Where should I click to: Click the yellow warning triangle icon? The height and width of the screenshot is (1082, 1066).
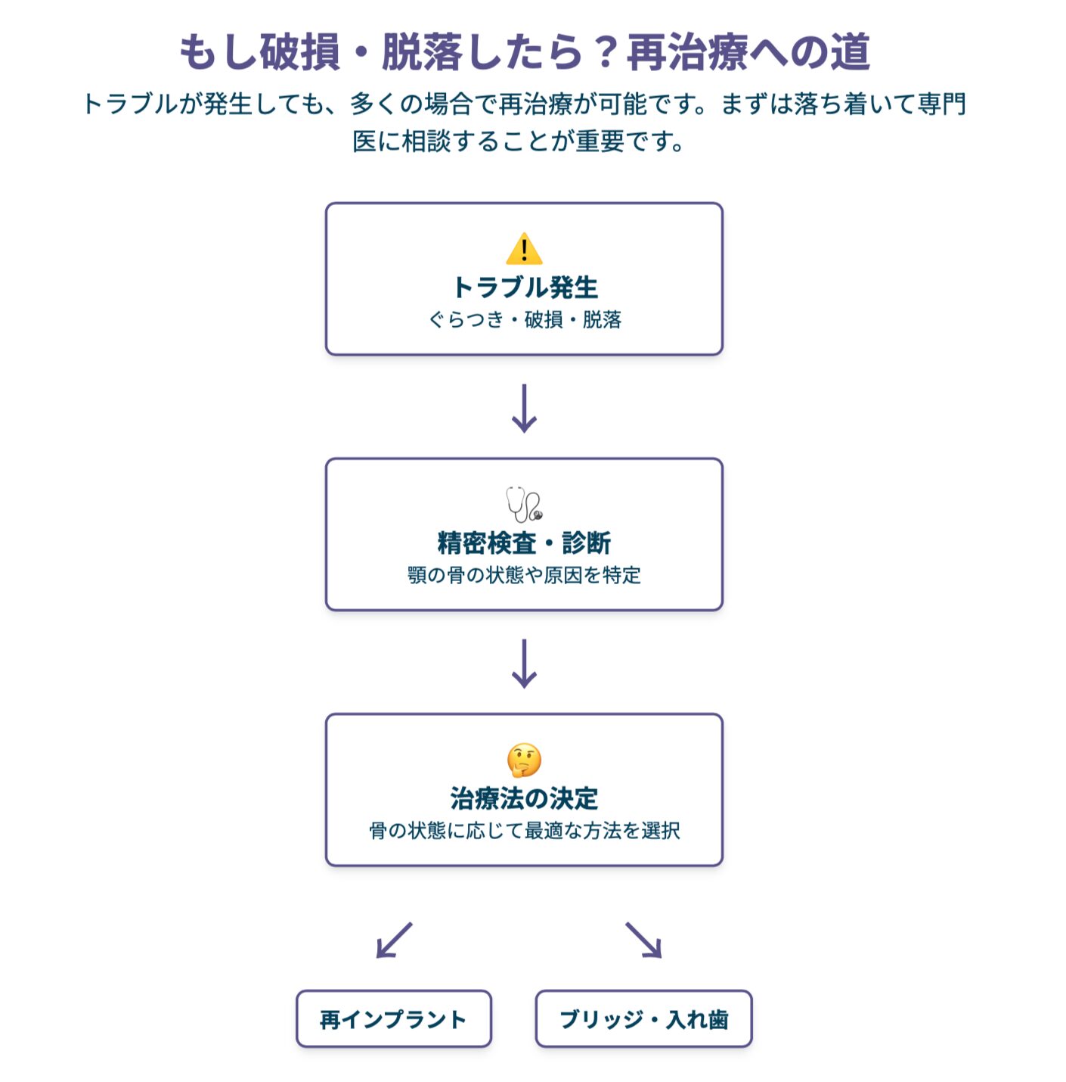[524, 249]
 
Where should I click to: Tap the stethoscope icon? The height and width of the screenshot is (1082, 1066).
[524, 504]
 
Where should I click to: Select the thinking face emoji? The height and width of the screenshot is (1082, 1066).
[524, 760]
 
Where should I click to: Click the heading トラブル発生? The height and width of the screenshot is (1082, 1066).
[525, 288]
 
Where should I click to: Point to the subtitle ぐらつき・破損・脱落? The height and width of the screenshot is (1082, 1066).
[525, 320]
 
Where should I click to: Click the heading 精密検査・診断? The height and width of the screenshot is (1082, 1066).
[524, 543]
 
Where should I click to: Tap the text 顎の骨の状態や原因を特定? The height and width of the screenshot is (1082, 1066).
[524, 576]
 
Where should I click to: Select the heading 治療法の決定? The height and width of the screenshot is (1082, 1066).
[524, 798]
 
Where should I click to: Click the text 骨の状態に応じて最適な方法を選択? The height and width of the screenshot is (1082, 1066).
[524, 831]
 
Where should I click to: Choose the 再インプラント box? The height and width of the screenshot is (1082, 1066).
[393, 1019]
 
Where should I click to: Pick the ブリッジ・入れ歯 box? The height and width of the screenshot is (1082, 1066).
[643, 1019]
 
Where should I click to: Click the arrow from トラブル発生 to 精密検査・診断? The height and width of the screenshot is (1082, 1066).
[524, 409]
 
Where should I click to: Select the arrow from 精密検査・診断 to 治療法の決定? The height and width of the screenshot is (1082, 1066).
[524, 664]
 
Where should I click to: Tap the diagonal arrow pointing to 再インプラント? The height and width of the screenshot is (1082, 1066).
[394, 941]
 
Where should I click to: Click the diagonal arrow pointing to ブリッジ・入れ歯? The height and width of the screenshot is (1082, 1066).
[644, 941]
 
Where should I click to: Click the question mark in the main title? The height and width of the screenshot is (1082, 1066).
[605, 53]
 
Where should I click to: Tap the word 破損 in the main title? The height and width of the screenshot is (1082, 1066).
[300, 53]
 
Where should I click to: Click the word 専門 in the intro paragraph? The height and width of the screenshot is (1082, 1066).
[942, 104]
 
